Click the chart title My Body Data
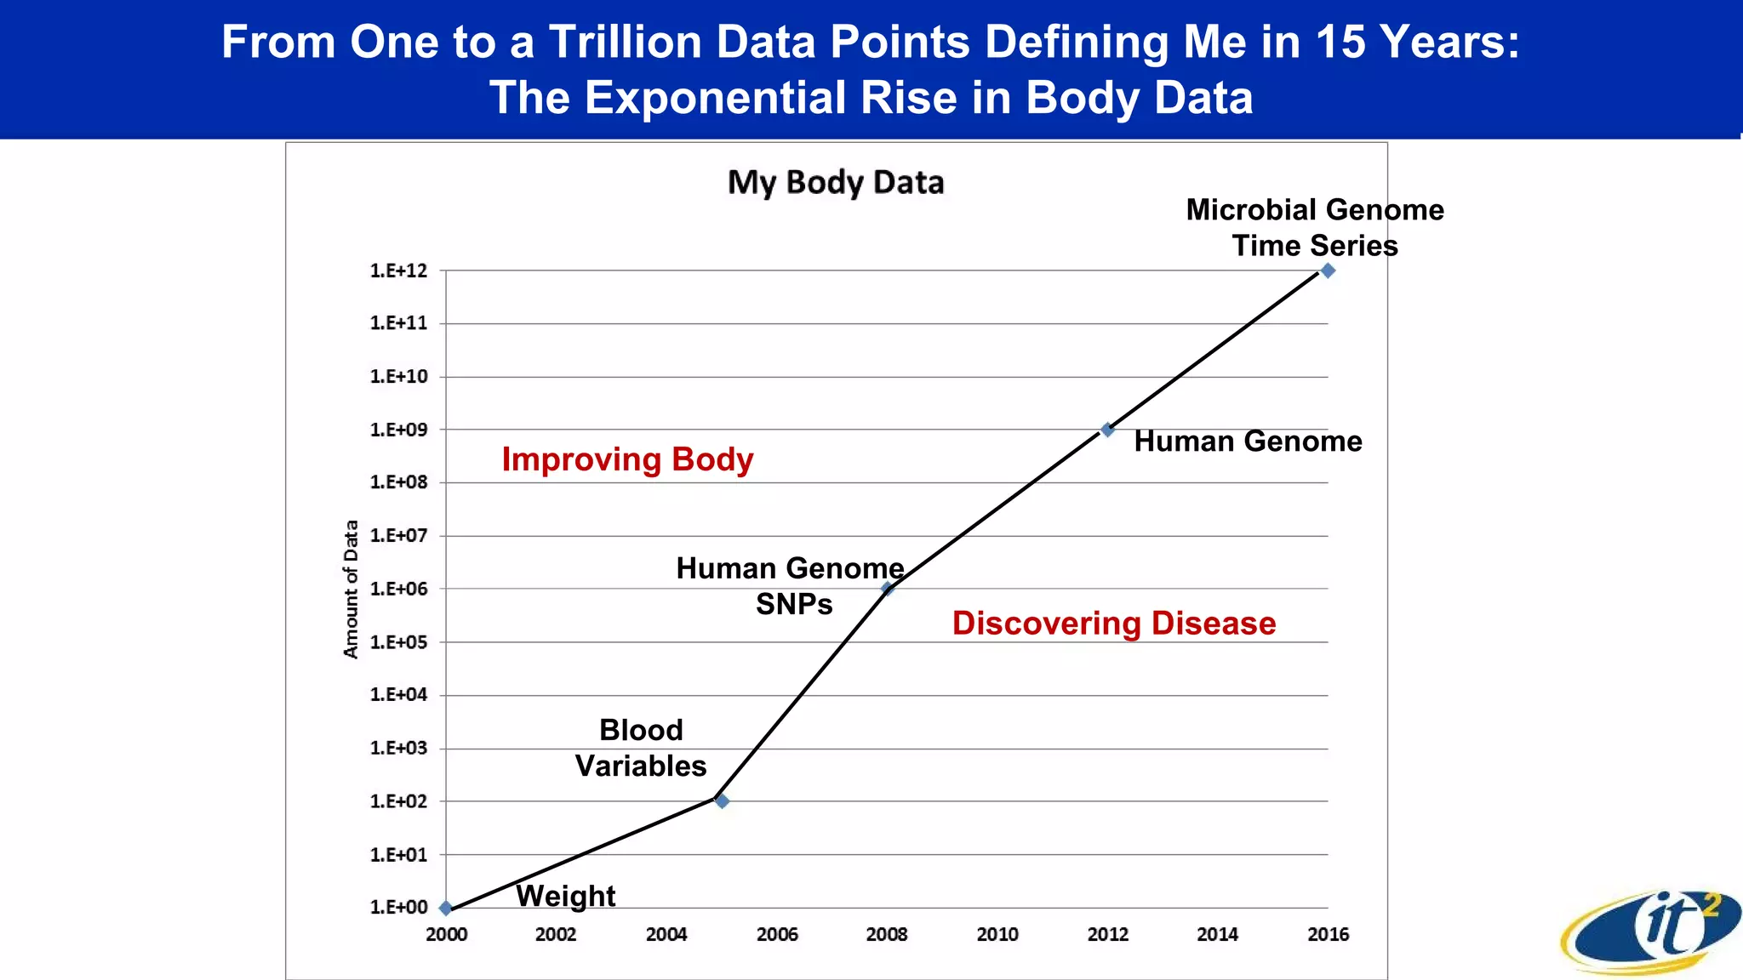(836, 183)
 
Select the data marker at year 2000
(446, 908)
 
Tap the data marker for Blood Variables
(722, 801)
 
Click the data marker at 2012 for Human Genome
(1107, 430)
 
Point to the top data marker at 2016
(1328, 271)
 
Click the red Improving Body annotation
(627, 459)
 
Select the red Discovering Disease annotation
(1114, 624)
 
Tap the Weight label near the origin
(565, 896)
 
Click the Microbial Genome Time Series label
(1314, 227)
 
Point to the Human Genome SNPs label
(791, 585)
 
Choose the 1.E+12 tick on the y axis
(398, 271)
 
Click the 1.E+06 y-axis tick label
(398, 589)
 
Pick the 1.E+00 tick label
(398, 907)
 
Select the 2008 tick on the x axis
(887, 934)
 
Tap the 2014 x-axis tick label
(1218, 934)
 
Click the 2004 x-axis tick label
(666, 934)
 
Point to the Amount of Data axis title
(351, 589)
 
